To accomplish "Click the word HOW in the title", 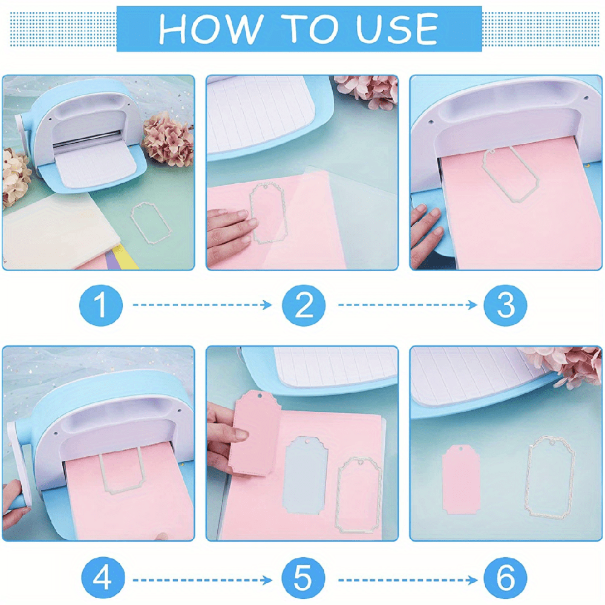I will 206,28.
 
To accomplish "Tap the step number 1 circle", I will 101,306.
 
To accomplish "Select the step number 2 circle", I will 304,306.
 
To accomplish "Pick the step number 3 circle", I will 506,306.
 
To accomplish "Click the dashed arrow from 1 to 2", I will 202,306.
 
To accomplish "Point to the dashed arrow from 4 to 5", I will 202,580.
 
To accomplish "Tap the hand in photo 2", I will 230,227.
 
